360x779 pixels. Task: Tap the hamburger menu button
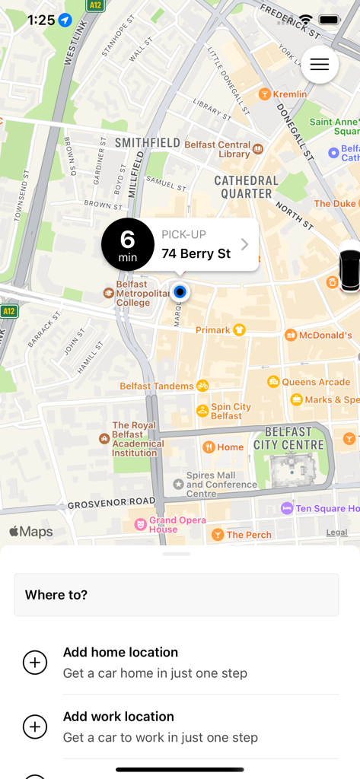click(x=320, y=65)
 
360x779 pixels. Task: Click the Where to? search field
click(x=177, y=595)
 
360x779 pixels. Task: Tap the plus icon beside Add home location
click(x=35, y=663)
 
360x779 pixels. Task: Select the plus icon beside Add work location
click(x=35, y=727)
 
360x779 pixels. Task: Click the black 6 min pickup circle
click(x=128, y=244)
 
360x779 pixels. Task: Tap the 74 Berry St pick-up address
click(x=196, y=253)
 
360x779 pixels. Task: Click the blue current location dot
click(x=180, y=291)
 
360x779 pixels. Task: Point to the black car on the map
click(x=349, y=269)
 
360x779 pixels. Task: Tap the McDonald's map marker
click(x=291, y=335)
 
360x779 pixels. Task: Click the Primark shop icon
click(x=239, y=329)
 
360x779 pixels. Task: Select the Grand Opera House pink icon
click(x=140, y=524)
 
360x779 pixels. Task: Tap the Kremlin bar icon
click(x=264, y=94)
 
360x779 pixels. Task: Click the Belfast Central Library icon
click(x=258, y=148)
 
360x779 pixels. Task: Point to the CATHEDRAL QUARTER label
click(x=246, y=186)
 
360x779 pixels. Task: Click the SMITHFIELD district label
click(x=147, y=142)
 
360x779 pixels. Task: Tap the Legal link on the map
click(x=336, y=533)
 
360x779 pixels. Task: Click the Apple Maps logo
click(x=31, y=532)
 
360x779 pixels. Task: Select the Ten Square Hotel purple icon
click(x=287, y=508)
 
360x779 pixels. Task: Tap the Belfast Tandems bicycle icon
click(x=202, y=386)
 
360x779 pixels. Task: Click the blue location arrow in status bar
click(x=65, y=20)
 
